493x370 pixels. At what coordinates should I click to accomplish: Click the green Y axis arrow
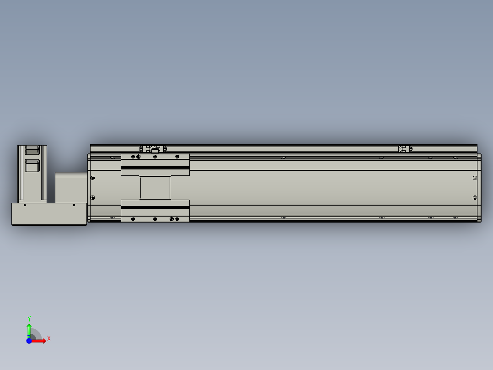29,330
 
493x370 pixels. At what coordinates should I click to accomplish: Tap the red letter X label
49,339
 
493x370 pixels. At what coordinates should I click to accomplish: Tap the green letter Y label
29,318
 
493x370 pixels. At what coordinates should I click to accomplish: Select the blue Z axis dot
29,341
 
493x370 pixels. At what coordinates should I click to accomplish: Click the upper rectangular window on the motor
32,150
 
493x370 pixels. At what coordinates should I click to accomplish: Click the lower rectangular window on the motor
32,165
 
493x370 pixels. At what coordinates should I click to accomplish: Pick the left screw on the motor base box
25,205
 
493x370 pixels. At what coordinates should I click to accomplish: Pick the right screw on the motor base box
74,205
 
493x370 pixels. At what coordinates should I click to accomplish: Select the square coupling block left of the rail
71,187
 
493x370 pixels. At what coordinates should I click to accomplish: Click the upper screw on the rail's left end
93,178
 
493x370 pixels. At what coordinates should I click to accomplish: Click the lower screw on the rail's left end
93,197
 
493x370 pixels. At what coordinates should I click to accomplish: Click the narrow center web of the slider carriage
155,188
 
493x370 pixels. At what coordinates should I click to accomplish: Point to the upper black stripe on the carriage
155,168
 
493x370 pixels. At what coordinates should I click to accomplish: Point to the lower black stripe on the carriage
155,207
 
